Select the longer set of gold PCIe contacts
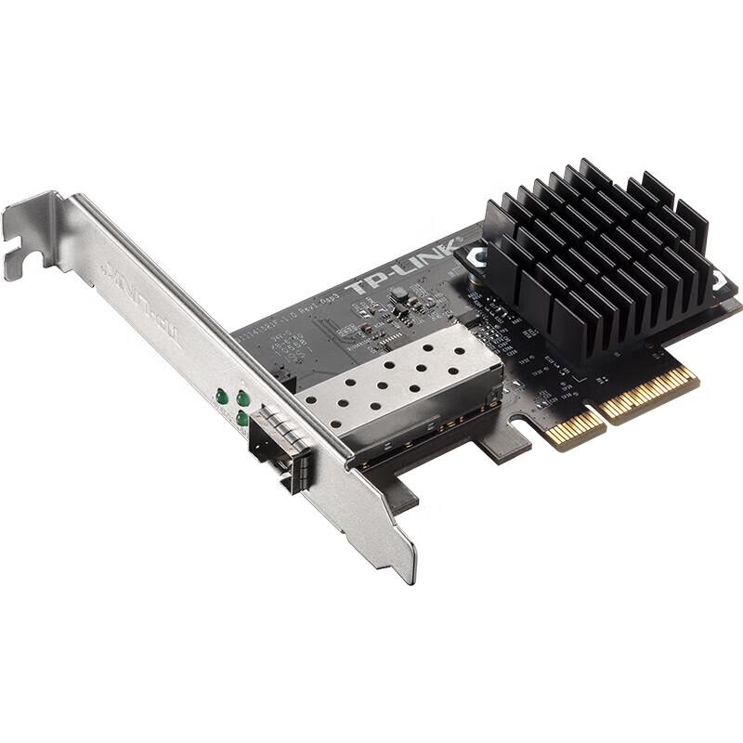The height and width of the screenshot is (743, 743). click(x=650, y=390)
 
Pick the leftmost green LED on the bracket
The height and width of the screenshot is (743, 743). click(x=222, y=398)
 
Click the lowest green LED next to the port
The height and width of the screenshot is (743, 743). click(x=242, y=420)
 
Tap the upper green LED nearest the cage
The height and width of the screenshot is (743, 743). click(x=242, y=398)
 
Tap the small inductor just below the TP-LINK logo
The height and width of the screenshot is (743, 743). click(x=399, y=296)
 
